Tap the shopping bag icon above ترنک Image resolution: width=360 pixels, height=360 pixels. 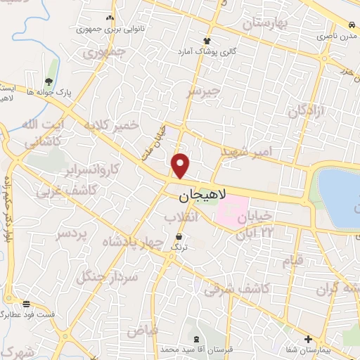click(x=181, y=237)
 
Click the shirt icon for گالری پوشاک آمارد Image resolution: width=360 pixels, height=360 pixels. click(x=207, y=41)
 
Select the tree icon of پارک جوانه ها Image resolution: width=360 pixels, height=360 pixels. click(x=48, y=82)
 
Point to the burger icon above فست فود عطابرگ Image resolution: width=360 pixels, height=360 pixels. click(x=27, y=304)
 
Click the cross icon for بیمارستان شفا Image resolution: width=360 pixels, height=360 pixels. click(x=310, y=338)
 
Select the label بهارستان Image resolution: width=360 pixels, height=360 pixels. click(x=266, y=24)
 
